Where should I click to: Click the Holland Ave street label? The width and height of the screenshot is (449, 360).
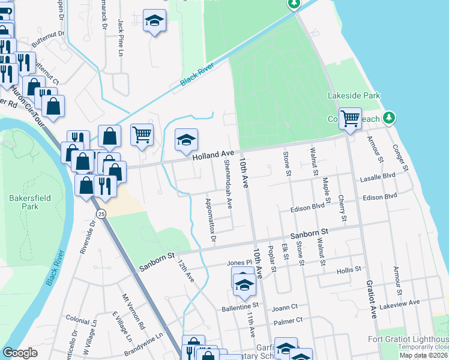[214, 155]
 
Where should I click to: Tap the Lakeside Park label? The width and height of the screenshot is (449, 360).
[354, 95]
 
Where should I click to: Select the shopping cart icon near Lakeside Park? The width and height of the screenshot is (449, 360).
[349, 118]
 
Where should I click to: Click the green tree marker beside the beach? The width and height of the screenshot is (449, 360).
[390, 117]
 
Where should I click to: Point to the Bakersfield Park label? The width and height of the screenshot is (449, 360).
[29, 202]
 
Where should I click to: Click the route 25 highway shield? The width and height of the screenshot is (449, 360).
[101, 214]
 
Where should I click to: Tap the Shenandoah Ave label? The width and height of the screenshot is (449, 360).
[228, 183]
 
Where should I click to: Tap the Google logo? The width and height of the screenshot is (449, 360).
[20, 353]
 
